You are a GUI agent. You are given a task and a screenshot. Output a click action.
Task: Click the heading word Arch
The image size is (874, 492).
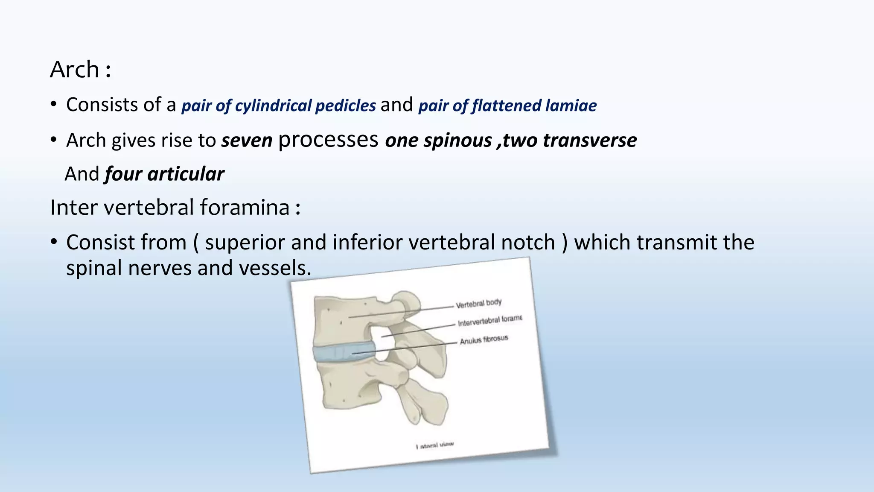tap(75, 69)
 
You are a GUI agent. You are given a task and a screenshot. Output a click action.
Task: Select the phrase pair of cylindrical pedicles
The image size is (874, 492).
tap(279, 105)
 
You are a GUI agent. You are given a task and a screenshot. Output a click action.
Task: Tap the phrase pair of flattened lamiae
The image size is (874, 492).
tap(507, 105)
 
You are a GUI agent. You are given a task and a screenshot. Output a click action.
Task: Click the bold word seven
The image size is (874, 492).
tap(247, 141)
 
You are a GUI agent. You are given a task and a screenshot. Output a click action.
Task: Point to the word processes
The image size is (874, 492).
tap(328, 140)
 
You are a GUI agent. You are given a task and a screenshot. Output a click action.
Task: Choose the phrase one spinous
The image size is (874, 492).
tap(438, 141)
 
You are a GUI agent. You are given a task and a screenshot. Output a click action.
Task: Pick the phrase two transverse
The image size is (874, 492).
tap(570, 141)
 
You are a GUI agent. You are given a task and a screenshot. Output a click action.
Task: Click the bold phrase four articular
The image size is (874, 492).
tap(164, 174)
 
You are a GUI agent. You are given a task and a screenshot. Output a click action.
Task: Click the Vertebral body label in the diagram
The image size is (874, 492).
tap(478, 303)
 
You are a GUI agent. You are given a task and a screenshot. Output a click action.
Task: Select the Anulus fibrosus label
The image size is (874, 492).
tap(484, 340)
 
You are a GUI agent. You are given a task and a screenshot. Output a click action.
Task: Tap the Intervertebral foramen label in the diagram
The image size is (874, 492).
tap(489, 321)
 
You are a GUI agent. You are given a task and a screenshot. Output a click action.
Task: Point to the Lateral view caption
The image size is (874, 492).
tap(434, 445)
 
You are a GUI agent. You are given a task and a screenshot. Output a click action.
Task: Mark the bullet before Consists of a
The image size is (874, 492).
tap(53, 105)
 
